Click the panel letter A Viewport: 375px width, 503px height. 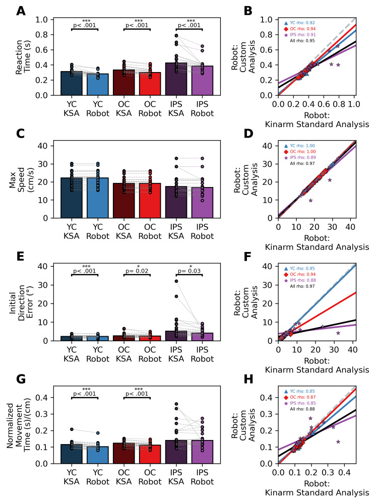21,11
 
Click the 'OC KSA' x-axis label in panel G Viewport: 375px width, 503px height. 123,478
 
